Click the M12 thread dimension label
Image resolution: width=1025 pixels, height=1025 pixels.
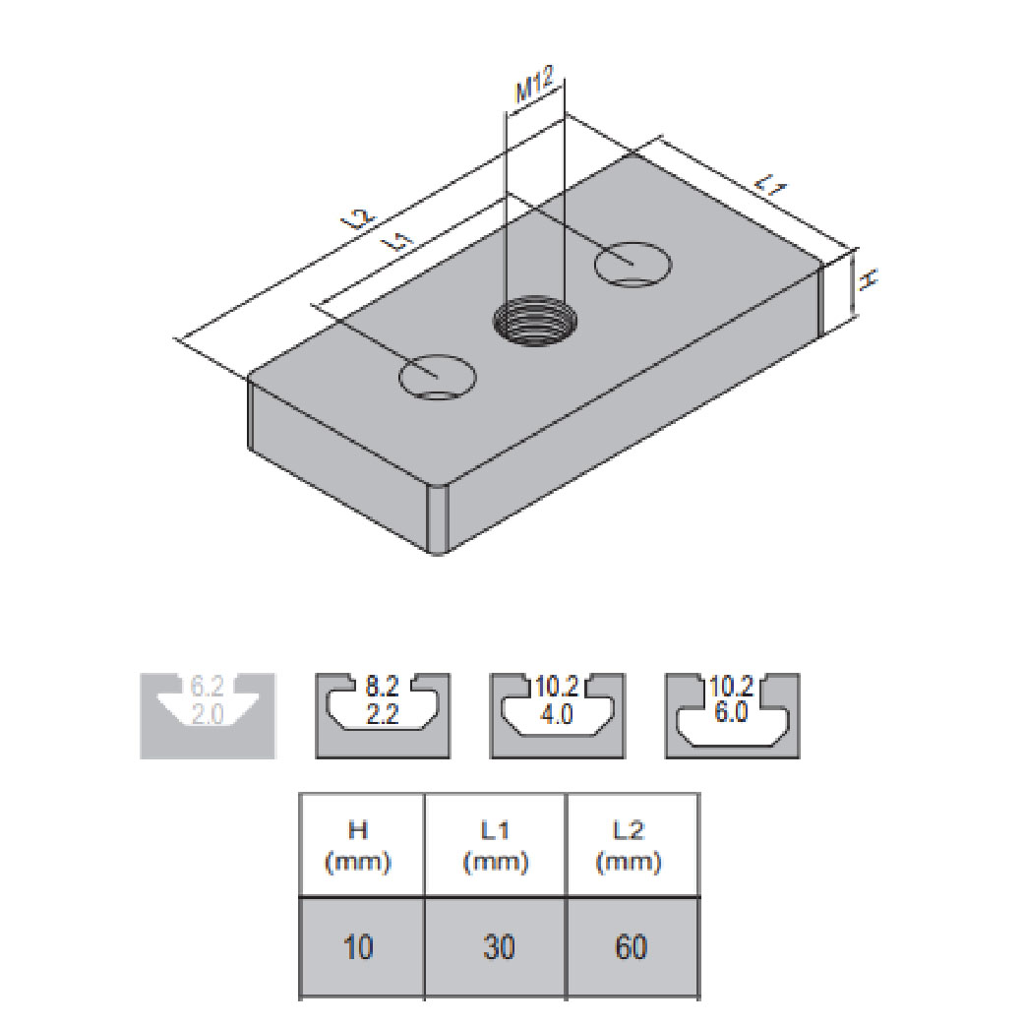point(534,85)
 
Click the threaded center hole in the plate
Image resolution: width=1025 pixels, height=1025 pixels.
point(535,321)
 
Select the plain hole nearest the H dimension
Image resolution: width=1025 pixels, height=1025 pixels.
point(633,264)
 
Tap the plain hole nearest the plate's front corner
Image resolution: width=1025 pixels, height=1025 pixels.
point(438,377)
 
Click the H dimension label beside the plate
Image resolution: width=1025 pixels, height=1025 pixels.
point(868,279)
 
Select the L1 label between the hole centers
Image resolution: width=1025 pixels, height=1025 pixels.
point(400,242)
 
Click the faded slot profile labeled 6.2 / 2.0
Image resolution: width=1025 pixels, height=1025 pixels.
point(208,716)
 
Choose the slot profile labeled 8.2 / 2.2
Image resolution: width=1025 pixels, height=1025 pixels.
point(383,716)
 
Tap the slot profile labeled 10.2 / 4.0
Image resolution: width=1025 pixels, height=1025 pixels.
point(557,716)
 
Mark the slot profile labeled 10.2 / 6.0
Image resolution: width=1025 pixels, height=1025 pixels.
point(732,716)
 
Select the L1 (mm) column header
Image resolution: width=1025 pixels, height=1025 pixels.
point(496,845)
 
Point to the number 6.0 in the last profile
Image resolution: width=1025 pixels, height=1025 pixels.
point(731,712)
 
